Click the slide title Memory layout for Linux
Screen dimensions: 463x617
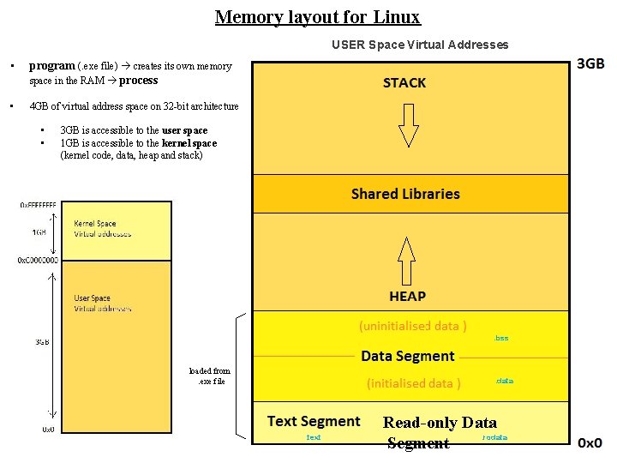coord(317,17)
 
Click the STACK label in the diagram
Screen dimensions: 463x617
coord(404,83)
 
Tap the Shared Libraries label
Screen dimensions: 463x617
coord(405,194)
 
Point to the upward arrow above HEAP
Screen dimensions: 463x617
coord(407,260)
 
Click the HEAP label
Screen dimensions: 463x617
coord(407,296)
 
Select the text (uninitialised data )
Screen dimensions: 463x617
coord(412,326)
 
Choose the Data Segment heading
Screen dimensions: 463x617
coord(408,356)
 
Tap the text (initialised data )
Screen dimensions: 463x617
coord(414,383)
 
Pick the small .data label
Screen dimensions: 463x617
coord(504,381)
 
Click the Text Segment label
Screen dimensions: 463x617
coord(314,421)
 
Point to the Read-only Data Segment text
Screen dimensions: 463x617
coord(439,432)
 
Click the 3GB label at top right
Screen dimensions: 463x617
coord(590,64)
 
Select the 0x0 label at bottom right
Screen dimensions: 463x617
coord(590,443)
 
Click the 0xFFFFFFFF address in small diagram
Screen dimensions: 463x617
coord(39,206)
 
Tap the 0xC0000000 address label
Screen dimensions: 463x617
coord(38,260)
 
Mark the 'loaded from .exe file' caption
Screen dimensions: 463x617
coord(209,376)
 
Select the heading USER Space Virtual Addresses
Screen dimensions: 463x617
coord(420,45)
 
